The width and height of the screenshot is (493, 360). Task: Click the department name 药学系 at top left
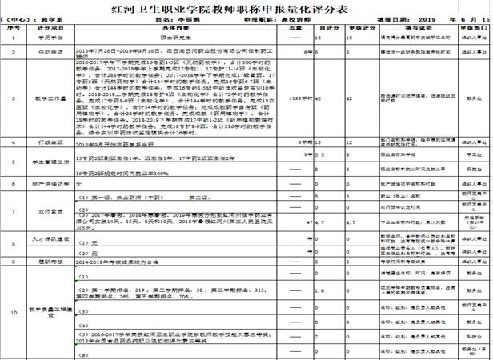click(39, 17)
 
